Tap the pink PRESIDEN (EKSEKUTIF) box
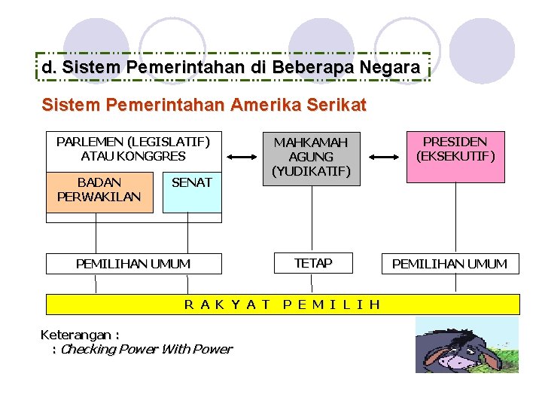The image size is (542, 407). [455, 157]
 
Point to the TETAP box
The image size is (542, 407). [312, 263]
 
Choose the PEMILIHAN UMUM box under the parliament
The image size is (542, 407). [133, 264]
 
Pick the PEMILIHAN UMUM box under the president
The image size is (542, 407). [450, 264]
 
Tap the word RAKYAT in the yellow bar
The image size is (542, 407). [227, 304]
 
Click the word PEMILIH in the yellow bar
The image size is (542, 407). [331, 304]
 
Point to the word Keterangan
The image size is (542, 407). [79, 335]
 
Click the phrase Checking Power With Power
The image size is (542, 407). [146, 349]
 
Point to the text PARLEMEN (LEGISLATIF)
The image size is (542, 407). [133, 142]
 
